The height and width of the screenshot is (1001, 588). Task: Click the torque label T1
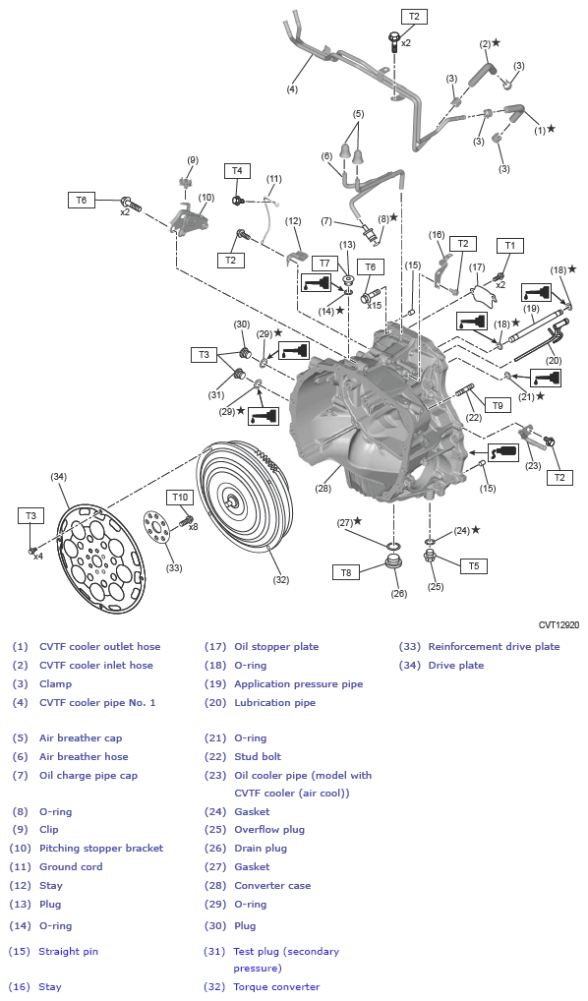point(509,245)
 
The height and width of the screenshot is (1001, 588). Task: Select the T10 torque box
point(179,498)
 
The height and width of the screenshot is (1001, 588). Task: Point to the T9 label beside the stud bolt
point(498,404)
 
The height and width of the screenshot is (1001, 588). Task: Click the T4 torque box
point(236,171)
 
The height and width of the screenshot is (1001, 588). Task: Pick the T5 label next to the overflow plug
point(473,565)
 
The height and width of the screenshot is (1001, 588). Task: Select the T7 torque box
point(323,264)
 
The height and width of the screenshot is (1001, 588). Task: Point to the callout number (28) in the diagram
point(323,488)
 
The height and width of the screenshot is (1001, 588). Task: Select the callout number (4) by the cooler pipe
point(291,89)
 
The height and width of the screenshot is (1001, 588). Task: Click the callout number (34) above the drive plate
point(58,477)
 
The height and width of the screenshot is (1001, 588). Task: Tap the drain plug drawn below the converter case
point(398,565)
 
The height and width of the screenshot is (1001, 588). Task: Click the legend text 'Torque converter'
point(276,986)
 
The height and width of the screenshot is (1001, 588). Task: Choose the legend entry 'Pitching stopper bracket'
point(101,848)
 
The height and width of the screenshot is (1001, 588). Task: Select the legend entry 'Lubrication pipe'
point(274,702)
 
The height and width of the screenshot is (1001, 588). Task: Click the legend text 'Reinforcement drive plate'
point(494,646)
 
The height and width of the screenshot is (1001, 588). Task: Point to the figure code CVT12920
point(559,623)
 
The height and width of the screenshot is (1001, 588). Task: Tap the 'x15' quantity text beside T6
point(374,306)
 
